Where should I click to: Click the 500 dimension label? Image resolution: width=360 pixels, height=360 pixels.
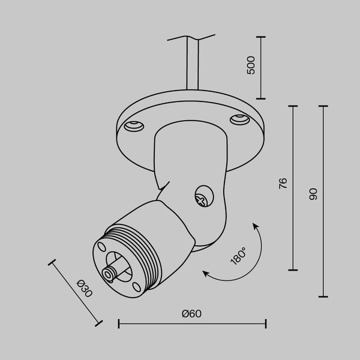pyautogui.click(x=251, y=65)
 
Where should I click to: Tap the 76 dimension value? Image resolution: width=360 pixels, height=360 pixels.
pyautogui.click(x=283, y=184)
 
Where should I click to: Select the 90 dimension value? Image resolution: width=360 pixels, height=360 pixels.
pyautogui.click(x=313, y=194)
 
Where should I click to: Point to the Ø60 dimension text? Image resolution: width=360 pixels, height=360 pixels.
pyautogui.click(x=191, y=314)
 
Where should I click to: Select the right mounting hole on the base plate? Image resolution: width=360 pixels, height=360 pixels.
pyautogui.click(x=240, y=119)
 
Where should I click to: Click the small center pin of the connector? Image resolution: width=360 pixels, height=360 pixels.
pyautogui.click(x=110, y=274)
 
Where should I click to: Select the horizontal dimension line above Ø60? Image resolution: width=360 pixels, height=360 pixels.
pyautogui.click(x=192, y=325)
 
